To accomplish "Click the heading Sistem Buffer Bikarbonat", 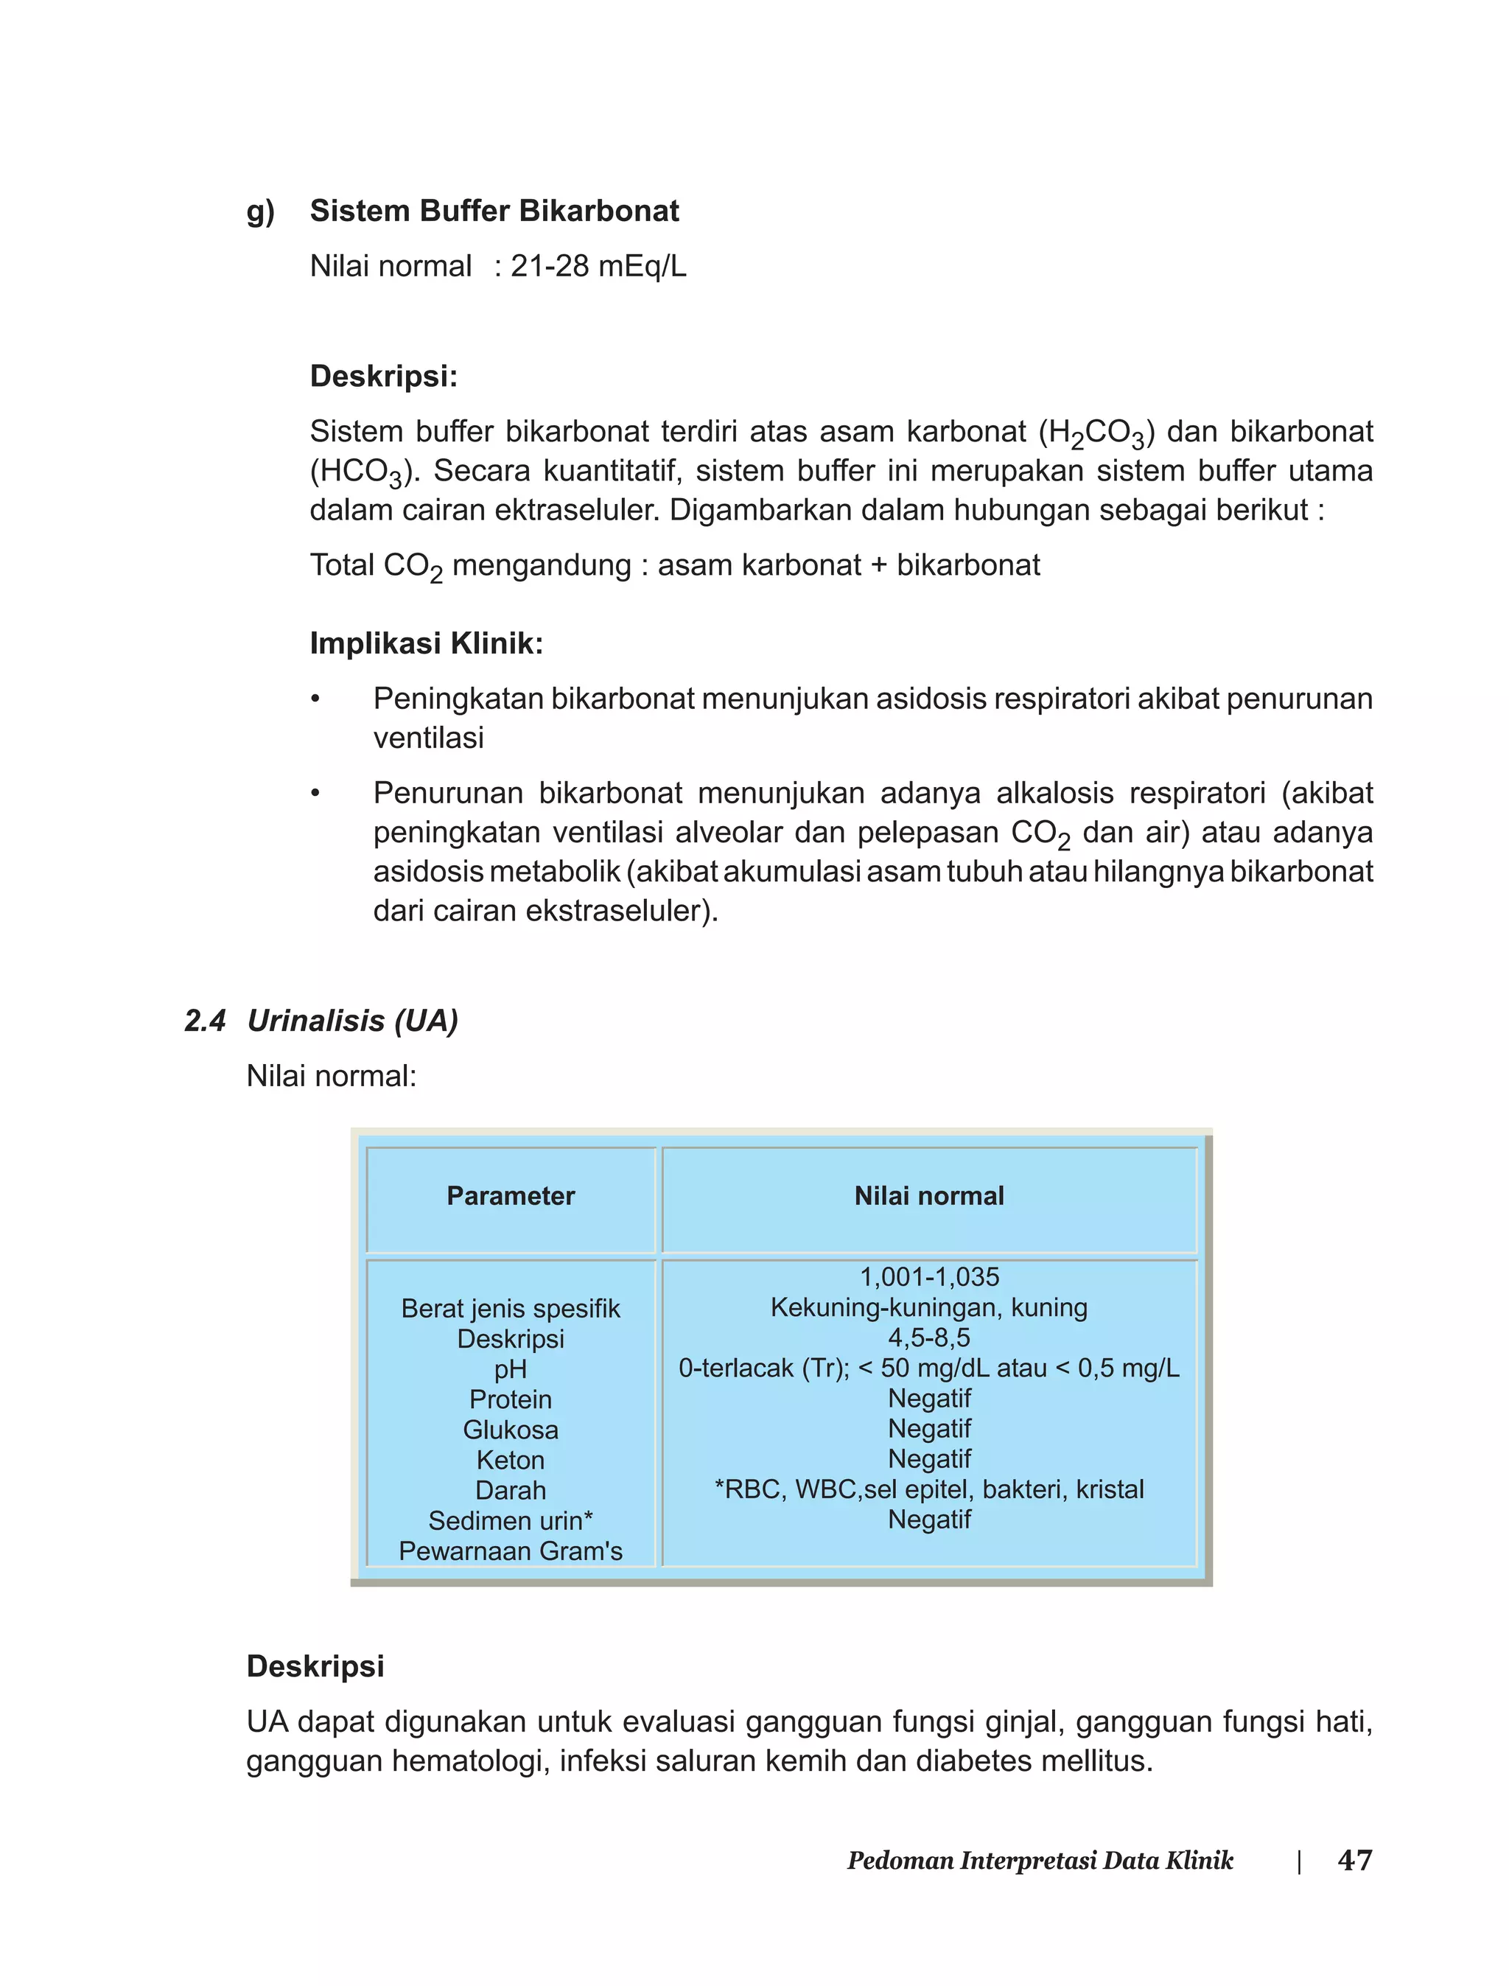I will coord(494,211).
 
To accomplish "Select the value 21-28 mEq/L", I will coord(598,267).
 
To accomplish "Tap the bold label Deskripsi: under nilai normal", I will coord(384,377).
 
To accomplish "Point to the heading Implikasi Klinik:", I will coord(426,643).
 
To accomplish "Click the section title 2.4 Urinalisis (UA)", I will coord(321,1021).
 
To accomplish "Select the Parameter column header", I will coord(510,1195).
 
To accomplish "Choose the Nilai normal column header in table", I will coord(928,1195).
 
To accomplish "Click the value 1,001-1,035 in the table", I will coord(928,1276).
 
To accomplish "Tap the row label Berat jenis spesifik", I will coord(510,1308).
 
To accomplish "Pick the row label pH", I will coord(510,1369).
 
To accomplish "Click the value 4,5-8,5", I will coord(928,1338).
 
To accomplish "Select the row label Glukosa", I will coord(510,1429).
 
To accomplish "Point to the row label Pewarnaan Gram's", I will coord(510,1550).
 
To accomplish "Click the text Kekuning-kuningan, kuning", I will coord(928,1307).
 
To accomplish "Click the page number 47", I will coord(1354,1859).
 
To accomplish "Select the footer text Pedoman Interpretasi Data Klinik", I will coord(1040,1860).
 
